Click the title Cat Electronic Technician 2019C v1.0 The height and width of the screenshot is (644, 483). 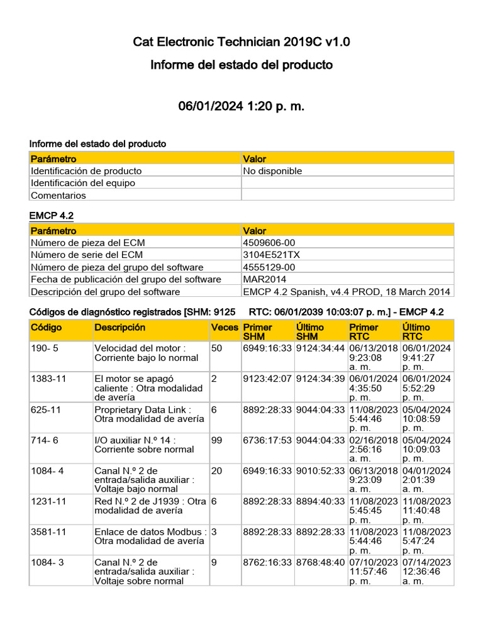coord(241,42)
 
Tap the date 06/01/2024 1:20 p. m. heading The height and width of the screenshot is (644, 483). coord(241,106)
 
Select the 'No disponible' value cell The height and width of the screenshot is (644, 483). coord(272,171)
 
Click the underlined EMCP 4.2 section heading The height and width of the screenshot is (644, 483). coord(52,216)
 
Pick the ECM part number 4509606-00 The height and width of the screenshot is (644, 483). coord(269,243)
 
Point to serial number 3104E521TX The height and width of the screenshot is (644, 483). coord(271,255)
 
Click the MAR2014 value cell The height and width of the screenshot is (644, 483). coord(264,279)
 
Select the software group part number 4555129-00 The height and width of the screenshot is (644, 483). coord(269,267)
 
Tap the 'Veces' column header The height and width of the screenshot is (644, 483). coord(225,328)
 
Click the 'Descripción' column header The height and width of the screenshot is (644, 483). coord(119,328)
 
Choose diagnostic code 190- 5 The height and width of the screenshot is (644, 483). coord(44,348)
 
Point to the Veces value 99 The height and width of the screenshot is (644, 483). coord(217,440)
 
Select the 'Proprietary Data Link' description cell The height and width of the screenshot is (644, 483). coord(149,414)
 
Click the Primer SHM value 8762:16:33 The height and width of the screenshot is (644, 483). coord(267,562)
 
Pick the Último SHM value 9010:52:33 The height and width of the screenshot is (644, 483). coord(320,470)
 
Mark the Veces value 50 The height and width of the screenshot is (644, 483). coord(217,348)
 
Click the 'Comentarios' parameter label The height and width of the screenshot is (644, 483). coord(58,196)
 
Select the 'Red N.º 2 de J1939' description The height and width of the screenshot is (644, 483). coord(150,506)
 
